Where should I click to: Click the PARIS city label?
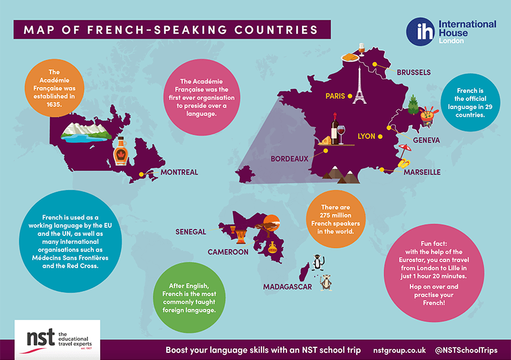(335, 96)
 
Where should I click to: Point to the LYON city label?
(366, 136)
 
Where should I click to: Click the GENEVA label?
(426, 140)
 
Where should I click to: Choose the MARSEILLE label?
(422, 172)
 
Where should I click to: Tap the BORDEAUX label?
(289, 159)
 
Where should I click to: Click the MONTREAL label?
(179, 172)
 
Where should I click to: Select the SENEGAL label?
(191, 231)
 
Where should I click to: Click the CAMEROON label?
(228, 252)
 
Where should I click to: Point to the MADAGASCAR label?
(288, 287)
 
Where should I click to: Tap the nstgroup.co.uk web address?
(395, 350)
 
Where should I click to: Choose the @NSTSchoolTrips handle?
(466, 350)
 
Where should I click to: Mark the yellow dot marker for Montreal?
(142, 175)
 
